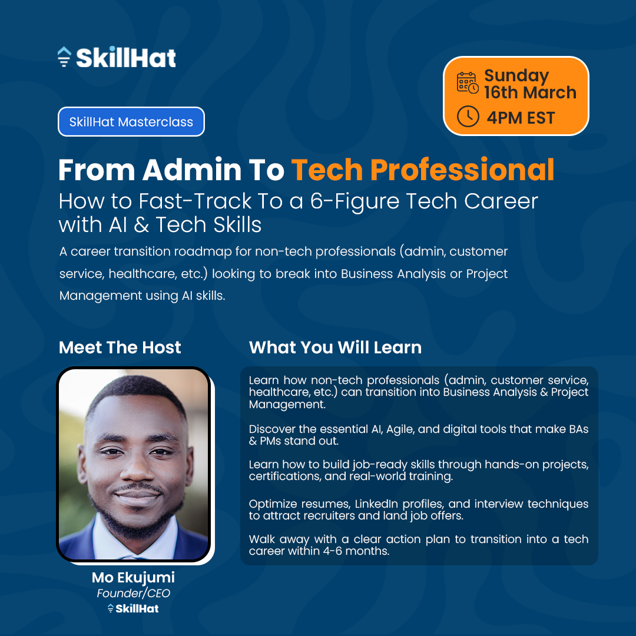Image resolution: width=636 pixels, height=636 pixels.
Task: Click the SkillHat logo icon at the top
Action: (64, 57)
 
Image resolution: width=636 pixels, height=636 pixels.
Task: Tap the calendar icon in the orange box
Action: (468, 82)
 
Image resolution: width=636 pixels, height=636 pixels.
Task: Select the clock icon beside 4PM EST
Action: (468, 117)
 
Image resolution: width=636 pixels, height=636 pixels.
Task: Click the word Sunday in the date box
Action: (516, 76)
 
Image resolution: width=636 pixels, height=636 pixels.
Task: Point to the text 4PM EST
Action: (521, 118)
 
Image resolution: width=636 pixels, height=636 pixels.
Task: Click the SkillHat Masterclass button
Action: (131, 122)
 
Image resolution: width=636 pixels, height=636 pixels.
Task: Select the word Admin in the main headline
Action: (184, 170)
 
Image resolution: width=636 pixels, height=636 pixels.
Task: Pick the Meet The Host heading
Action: (120, 347)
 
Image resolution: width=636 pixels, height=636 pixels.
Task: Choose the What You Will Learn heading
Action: (335, 347)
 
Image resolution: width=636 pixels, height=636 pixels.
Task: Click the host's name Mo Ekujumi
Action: (133, 577)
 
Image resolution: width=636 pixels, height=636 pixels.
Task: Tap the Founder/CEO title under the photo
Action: (133, 593)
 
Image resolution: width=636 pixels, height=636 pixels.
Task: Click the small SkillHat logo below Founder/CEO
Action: (133, 608)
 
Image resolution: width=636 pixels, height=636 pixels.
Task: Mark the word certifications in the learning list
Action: (284, 476)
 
